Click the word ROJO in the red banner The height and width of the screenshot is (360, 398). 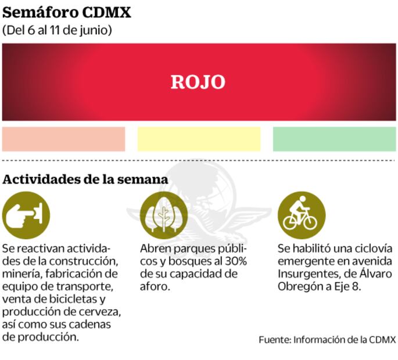(x=198, y=82)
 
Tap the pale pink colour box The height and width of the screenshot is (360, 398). (x=63, y=139)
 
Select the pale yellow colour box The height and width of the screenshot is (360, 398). (x=199, y=139)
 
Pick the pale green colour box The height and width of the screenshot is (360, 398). (x=334, y=139)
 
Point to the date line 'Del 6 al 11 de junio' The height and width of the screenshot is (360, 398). (x=58, y=30)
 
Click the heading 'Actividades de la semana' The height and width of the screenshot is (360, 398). (x=85, y=179)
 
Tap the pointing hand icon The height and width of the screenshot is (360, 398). (x=26, y=215)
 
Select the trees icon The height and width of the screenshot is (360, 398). (x=163, y=215)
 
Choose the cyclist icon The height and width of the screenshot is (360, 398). (x=300, y=215)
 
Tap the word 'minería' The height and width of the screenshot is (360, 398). (x=21, y=273)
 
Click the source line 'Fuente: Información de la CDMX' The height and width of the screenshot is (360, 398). (x=327, y=340)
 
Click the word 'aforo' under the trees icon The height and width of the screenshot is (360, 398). (x=154, y=287)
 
